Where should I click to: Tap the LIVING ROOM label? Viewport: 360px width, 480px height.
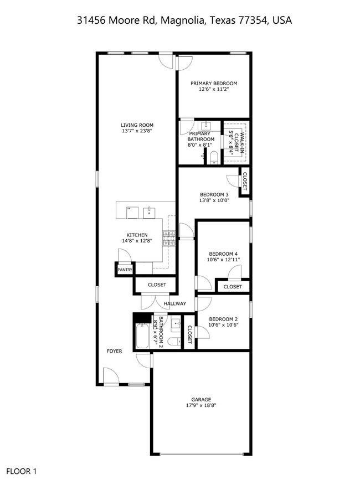point(137,125)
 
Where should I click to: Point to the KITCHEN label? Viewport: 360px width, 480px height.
point(137,235)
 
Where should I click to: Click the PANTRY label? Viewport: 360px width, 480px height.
point(125,270)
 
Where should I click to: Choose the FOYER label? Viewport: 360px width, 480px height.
point(115,351)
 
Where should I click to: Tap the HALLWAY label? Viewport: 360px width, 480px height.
point(175,303)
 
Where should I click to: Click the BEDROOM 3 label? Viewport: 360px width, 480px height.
point(214,194)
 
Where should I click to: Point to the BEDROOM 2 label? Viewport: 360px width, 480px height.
point(223,319)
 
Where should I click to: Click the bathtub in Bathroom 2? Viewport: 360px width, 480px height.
point(142,336)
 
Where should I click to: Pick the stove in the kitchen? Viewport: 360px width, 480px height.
point(169,239)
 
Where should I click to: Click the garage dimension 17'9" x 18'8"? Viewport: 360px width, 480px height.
point(200,405)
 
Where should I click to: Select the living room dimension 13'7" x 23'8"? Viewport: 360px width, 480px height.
point(137,131)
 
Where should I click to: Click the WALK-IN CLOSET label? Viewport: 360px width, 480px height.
point(235,142)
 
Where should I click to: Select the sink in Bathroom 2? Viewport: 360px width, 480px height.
point(176,323)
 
